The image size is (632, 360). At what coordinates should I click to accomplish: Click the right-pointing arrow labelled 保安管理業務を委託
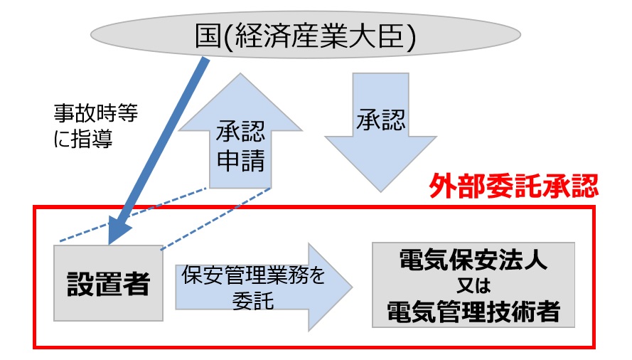263,287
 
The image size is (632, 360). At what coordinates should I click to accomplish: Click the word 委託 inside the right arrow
254,300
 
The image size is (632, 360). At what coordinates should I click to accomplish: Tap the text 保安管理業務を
254,275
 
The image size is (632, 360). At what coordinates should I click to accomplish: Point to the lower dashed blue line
217,218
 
